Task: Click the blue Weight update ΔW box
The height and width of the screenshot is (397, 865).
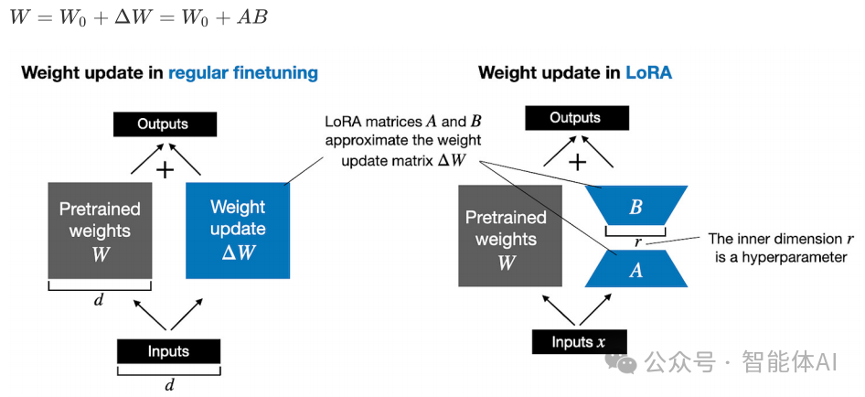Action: point(238,230)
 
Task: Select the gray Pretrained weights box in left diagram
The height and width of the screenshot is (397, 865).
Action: point(101,230)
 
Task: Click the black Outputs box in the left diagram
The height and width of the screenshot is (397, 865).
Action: point(164,123)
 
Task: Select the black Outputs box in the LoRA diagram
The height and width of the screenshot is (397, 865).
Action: point(576,119)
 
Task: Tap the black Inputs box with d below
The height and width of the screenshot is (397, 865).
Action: point(168,351)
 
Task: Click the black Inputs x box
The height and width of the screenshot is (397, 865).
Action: point(579,342)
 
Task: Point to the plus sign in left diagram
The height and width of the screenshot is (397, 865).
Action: point(166,169)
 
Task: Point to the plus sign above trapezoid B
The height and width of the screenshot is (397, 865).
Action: point(578,163)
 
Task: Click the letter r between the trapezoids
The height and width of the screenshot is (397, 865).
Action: point(637,242)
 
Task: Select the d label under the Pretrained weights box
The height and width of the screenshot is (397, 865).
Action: point(99,299)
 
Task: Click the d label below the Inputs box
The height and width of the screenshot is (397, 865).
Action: point(169,384)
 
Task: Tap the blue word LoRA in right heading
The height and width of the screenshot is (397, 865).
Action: point(648,72)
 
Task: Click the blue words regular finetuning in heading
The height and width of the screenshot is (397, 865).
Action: point(243,72)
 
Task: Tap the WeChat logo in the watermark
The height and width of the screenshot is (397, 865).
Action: point(627,363)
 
